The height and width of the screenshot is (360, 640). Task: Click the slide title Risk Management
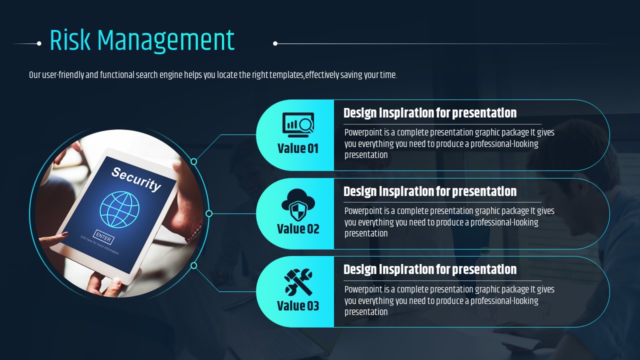pyautogui.click(x=142, y=40)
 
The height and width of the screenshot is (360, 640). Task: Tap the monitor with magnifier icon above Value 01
pyautogui.click(x=298, y=125)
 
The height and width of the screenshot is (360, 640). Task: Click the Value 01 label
pyautogui.click(x=297, y=148)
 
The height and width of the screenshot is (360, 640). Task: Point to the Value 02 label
pyautogui.click(x=298, y=229)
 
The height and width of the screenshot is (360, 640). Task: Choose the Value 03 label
pyautogui.click(x=298, y=305)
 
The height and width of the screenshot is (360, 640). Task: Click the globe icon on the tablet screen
pyautogui.click(x=119, y=209)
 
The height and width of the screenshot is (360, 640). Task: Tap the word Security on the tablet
pyautogui.click(x=136, y=179)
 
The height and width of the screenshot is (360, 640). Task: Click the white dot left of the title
pyautogui.click(x=39, y=43)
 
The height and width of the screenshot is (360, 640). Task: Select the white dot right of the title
pyautogui.click(x=275, y=43)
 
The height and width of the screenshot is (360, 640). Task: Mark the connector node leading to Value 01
pyautogui.click(x=193, y=161)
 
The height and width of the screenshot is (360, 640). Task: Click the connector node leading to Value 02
pyautogui.click(x=209, y=213)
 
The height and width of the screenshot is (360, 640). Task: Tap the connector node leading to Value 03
pyautogui.click(x=193, y=265)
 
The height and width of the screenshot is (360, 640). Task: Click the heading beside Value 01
pyautogui.click(x=430, y=113)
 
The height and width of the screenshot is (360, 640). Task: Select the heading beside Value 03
pyautogui.click(x=430, y=269)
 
